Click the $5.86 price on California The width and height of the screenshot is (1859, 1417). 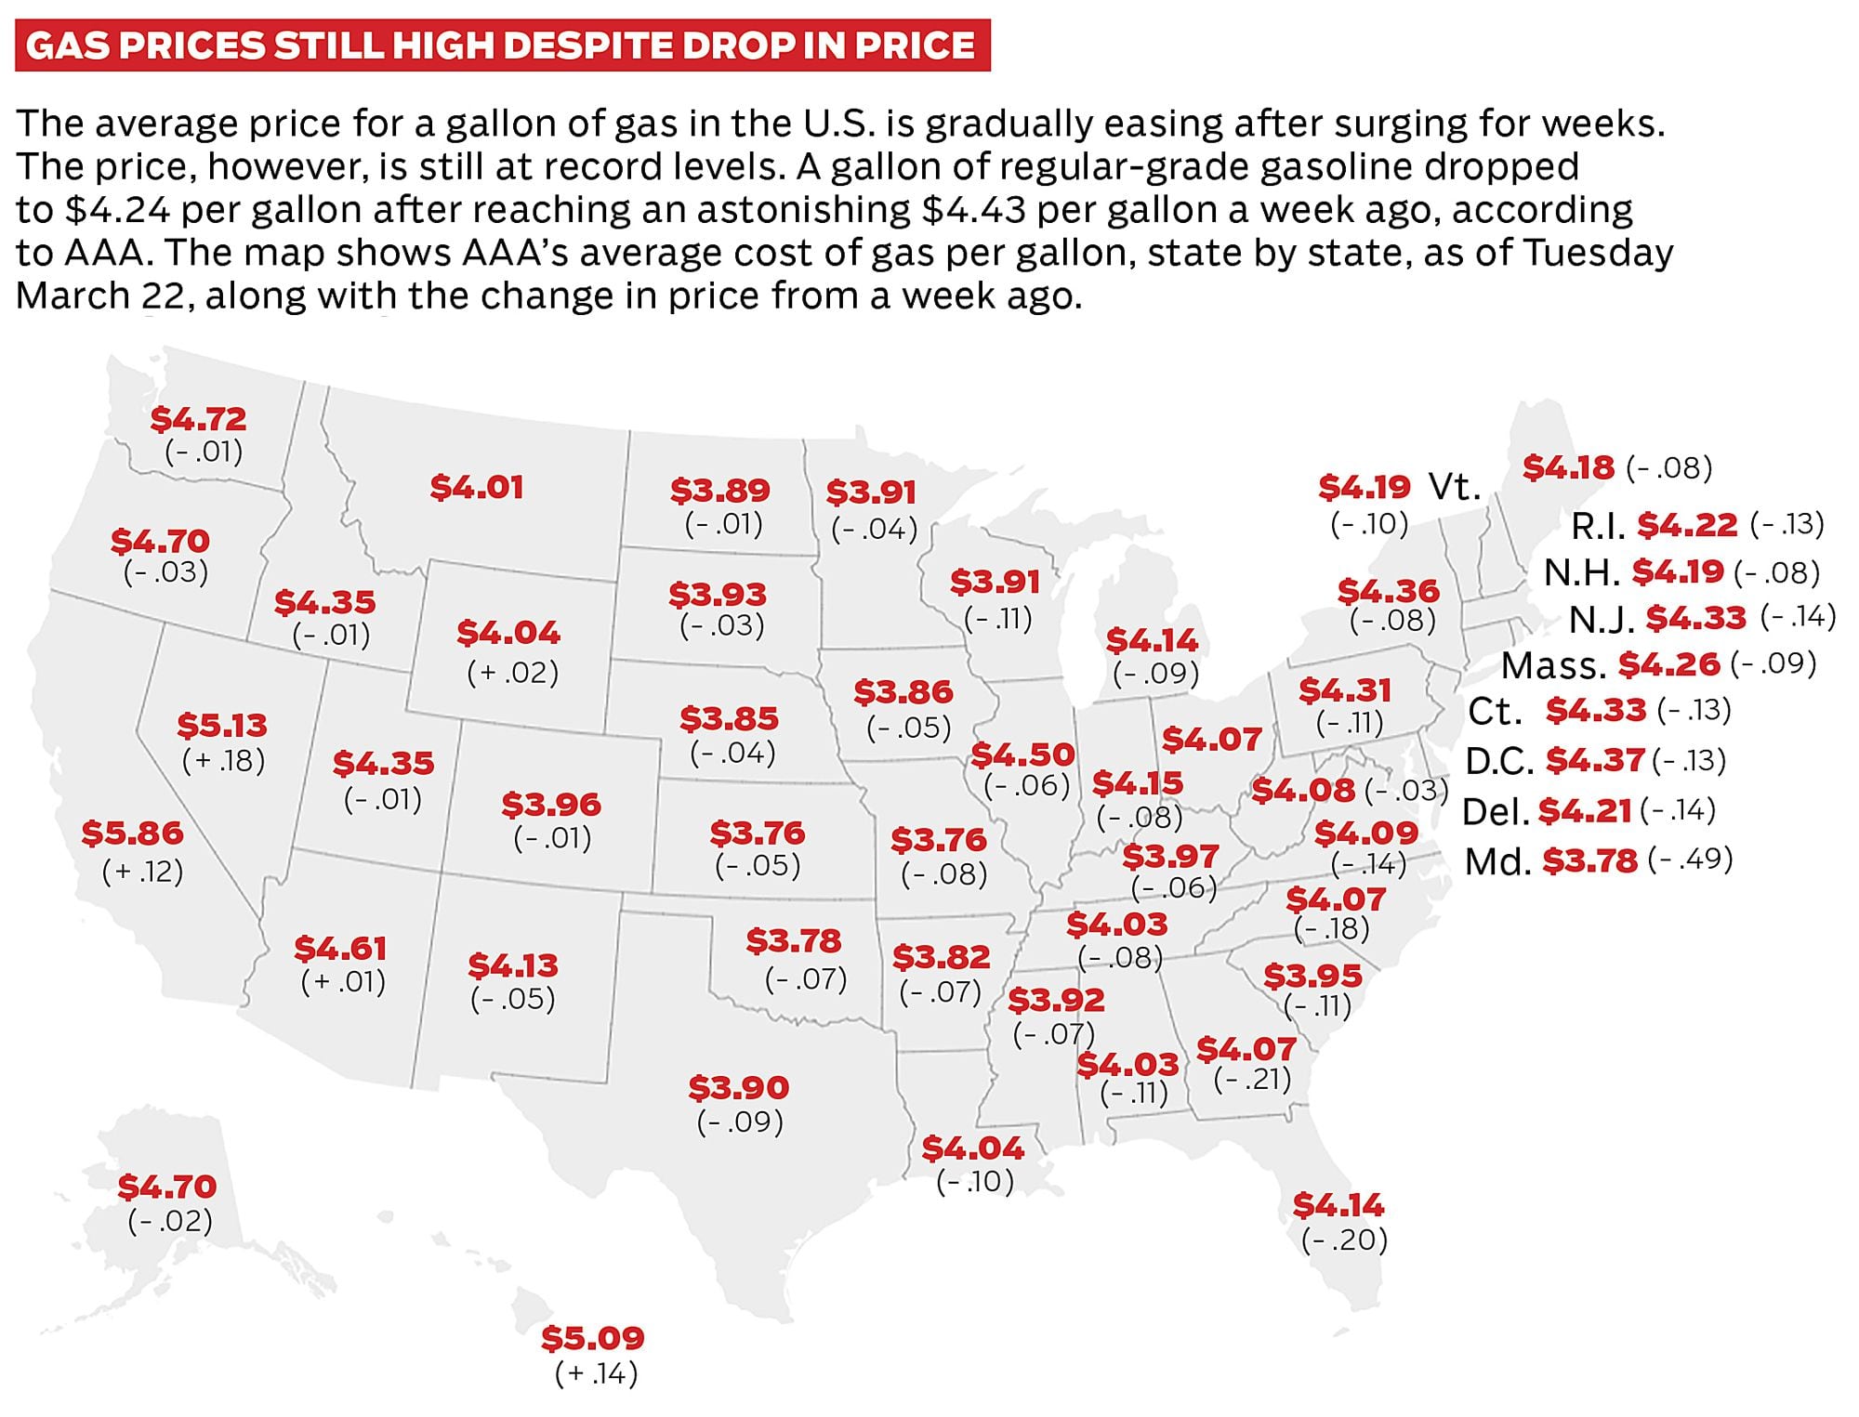tap(132, 833)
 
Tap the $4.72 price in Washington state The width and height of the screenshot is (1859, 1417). tap(198, 419)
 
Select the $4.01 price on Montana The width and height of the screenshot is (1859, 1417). tap(477, 488)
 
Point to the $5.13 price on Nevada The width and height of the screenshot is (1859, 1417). tap(222, 726)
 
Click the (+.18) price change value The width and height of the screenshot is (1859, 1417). tap(223, 761)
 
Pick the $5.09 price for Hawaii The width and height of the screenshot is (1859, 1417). tap(593, 1339)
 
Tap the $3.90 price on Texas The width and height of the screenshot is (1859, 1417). tap(739, 1087)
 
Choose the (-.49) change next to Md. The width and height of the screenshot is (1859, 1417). tap(1690, 859)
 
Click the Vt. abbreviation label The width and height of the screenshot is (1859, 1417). tap(1454, 487)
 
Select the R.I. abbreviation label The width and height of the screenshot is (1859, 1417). tap(1598, 527)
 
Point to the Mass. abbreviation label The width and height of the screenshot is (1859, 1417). tap(1553, 666)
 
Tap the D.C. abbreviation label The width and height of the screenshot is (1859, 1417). tap(1498, 762)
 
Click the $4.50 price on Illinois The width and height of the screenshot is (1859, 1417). tap(1022, 754)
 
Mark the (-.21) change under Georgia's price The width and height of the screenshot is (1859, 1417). tap(1253, 1080)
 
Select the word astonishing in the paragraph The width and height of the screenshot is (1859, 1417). tap(804, 210)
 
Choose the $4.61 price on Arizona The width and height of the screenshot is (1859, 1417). tap(340, 949)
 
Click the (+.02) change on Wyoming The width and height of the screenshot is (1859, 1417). tap(512, 673)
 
